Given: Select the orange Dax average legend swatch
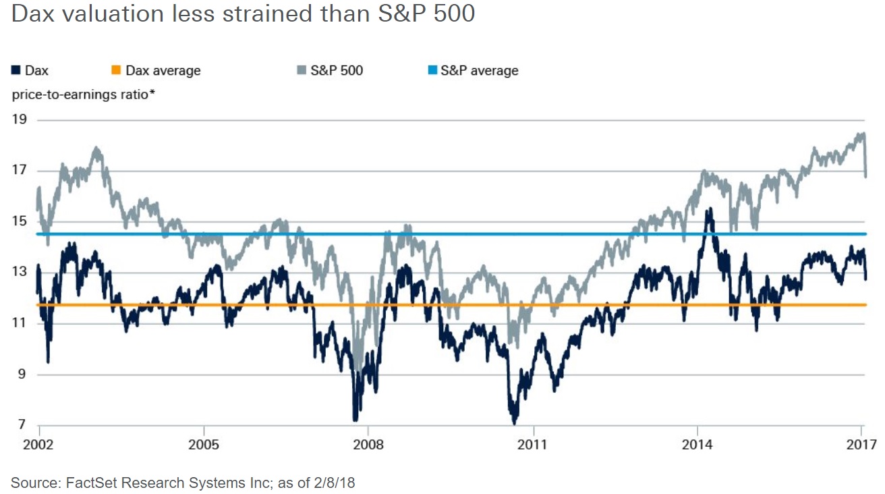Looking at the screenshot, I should pyautogui.click(x=116, y=70).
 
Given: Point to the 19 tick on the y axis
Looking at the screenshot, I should pyautogui.click(x=20, y=120).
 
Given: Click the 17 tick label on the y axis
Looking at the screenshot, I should pyautogui.click(x=20, y=171).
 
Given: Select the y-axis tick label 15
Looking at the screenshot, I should pyautogui.click(x=20, y=222).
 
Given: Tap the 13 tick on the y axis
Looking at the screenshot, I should pyautogui.click(x=20, y=273).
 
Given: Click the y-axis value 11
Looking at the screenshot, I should pyautogui.click(x=20, y=323).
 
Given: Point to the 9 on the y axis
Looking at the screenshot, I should pyautogui.click(x=22, y=375).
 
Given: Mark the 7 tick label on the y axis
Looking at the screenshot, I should pyautogui.click(x=22, y=425).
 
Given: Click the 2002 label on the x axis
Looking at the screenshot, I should pyautogui.click(x=40, y=445).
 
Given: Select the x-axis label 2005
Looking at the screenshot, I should pyautogui.click(x=204, y=445).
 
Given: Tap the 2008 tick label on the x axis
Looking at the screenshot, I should pyautogui.click(x=368, y=445).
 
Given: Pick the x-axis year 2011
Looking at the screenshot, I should pyautogui.click(x=534, y=445).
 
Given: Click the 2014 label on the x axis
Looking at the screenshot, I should pyautogui.click(x=697, y=445).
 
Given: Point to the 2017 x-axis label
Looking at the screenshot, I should pyautogui.click(x=861, y=445).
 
